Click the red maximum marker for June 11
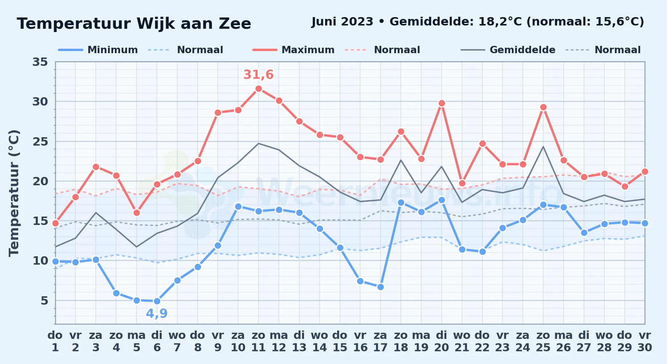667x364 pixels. click(x=258, y=88)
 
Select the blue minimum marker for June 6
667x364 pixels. click(x=157, y=301)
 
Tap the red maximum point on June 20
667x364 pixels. click(x=442, y=103)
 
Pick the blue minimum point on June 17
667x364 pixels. click(x=380, y=287)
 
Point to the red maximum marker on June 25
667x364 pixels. click(x=543, y=107)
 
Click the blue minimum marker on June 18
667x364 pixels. click(x=401, y=202)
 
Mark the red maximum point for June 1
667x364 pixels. click(x=55, y=223)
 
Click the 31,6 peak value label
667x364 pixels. click(x=258, y=75)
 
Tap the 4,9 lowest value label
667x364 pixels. click(x=157, y=313)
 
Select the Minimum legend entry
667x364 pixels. click(x=98, y=50)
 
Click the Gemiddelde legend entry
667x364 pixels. click(x=508, y=50)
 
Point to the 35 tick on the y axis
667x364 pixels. click(x=40, y=62)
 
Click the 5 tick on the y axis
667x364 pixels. click(x=44, y=301)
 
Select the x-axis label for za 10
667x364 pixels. click(x=238, y=341)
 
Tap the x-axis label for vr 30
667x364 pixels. click(x=645, y=341)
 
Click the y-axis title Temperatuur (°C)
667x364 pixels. click(x=14, y=193)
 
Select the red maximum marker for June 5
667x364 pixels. click(x=137, y=213)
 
